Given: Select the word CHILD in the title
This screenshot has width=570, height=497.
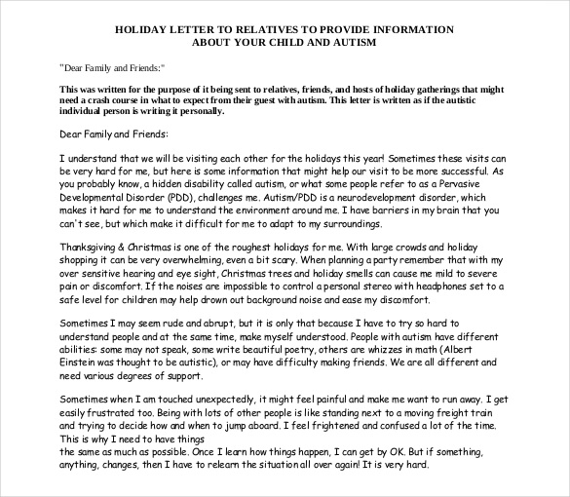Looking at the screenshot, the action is [x=296, y=43].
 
